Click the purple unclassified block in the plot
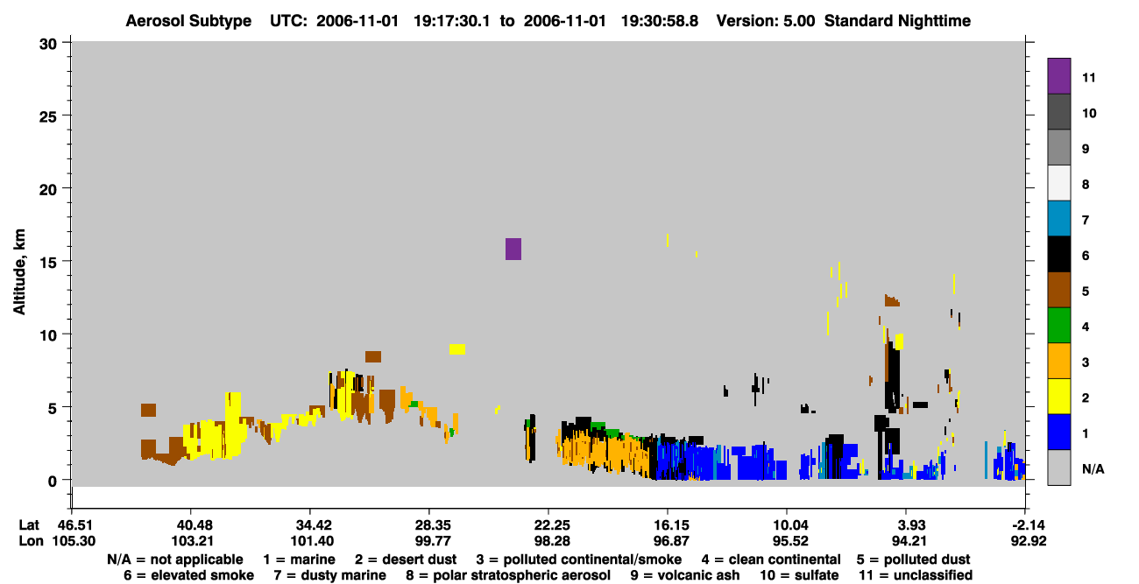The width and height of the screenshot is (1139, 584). [513, 249]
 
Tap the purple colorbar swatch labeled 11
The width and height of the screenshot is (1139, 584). [1058, 76]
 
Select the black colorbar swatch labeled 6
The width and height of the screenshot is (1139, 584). [1058, 254]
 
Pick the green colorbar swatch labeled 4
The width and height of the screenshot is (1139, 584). [1058, 326]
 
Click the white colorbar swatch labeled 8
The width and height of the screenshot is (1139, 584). [1058, 183]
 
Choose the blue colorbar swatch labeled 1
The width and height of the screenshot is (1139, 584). [1058, 432]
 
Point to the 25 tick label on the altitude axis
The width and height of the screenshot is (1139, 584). [48, 116]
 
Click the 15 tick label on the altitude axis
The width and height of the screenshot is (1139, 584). [48, 263]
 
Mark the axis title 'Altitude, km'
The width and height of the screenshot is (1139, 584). [19, 272]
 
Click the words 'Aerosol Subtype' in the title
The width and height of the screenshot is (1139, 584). [188, 21]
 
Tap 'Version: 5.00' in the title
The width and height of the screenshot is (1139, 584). [766, 21]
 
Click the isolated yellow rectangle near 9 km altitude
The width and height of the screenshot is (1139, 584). [457, 349]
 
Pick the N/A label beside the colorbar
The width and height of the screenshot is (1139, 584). [1093, 468]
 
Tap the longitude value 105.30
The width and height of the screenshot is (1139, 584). [74, 541]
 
